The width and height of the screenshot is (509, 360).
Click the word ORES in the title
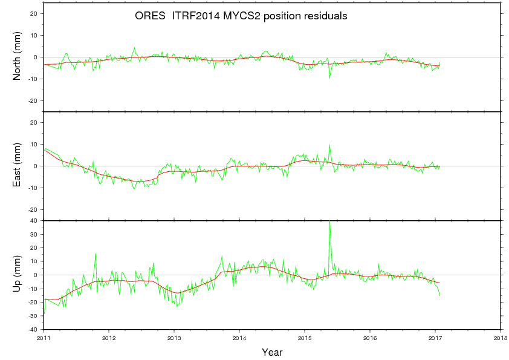[x=149, y=17]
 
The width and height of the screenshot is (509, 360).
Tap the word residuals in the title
[x=325, y=17]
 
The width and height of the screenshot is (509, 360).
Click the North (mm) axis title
[x=17, y=57]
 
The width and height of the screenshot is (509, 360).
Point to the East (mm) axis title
[x=17, y=166]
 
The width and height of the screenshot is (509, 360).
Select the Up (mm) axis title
[x=17, y=275]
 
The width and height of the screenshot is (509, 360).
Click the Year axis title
[x=272, y=352]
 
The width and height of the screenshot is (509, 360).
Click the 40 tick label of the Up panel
[x=34, y=221]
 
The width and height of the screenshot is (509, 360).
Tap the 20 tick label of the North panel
[x=34, y=13]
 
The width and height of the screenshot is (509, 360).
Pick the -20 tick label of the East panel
[x=33, y=209]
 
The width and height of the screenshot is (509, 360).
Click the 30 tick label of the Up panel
[x=34, y=234]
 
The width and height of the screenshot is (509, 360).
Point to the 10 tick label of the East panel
[x=34, y=144]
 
